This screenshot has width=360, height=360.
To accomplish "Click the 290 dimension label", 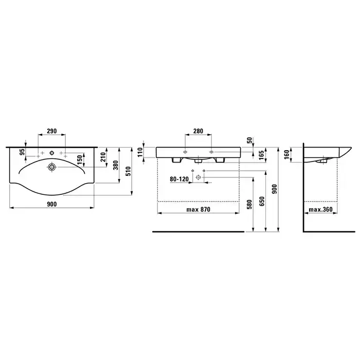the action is [x=51, y=131].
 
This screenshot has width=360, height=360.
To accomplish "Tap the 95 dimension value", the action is [x=22, y=152].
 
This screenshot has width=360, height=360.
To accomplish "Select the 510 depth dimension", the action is [x=129, y=171].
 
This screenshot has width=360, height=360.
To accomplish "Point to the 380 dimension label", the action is [x=116, y=165].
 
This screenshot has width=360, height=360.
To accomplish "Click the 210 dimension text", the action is [x=103, y=157].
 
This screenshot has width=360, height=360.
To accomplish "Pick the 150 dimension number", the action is [x=80, y=159].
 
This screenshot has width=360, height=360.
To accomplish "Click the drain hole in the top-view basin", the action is [x=51, y=167].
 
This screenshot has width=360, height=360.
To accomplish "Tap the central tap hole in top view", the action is [x=51, y=153].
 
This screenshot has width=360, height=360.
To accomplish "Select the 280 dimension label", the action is [x=198, y=131].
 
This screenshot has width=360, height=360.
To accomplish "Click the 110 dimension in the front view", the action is [x=140, y=152].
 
